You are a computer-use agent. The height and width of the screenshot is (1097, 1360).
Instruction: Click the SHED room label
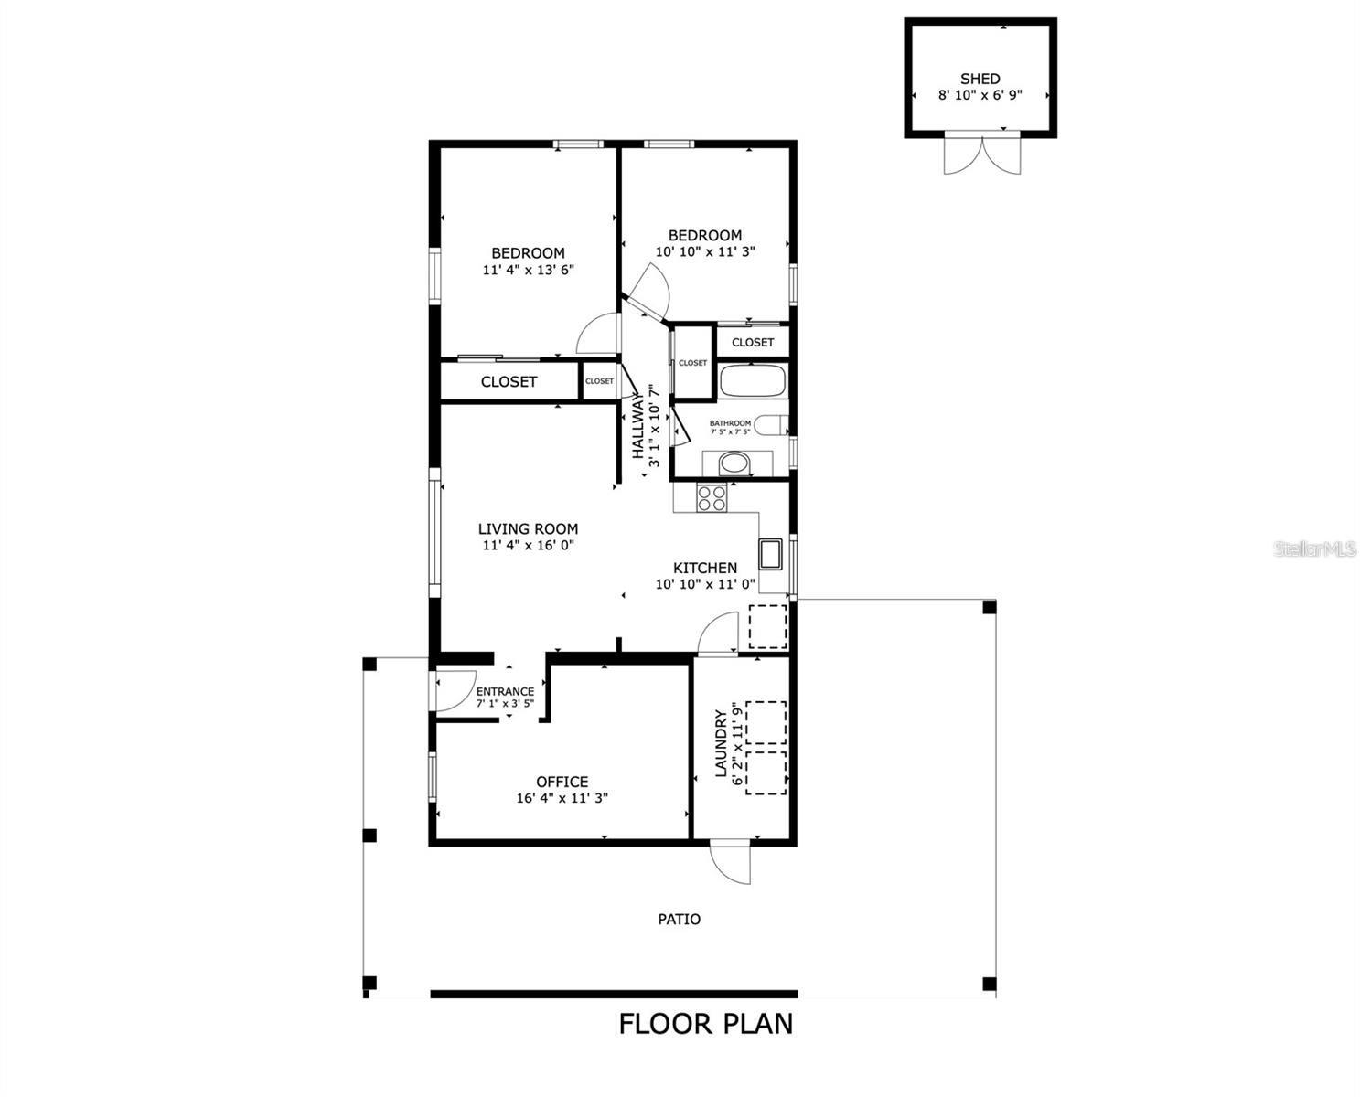coord(980,79)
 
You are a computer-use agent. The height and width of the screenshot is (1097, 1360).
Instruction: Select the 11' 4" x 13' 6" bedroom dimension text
coord(528,270)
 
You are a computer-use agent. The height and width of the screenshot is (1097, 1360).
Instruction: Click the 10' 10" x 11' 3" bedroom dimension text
coord(704,251)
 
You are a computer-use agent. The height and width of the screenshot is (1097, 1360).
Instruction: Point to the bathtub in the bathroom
coord(752,380)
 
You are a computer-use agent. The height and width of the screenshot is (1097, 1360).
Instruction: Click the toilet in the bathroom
coord(774,425)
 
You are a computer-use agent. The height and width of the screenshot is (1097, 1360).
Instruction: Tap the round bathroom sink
coord(734,463)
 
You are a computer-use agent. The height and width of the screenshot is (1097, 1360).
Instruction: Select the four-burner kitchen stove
coord(712,497)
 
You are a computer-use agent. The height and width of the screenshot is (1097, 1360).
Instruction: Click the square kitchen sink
coord(770,554)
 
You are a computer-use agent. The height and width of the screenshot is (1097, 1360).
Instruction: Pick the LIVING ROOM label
coord(528,528)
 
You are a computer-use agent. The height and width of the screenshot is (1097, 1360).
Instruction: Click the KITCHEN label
coord(704,568)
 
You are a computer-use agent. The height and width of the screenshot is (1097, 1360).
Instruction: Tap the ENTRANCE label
coord(505,692)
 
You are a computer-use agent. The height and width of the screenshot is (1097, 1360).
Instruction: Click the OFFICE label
coord(562,782)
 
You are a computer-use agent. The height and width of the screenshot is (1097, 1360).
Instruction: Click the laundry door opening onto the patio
coord(732,862)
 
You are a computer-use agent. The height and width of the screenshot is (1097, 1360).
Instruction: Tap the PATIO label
coord(680,919)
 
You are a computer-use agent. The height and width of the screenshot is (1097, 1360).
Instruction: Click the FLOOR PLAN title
coord(705,1023)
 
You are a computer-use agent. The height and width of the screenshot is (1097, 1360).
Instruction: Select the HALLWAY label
coord(637,426)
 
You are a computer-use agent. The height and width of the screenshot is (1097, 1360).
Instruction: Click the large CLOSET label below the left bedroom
coord(509,381)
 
